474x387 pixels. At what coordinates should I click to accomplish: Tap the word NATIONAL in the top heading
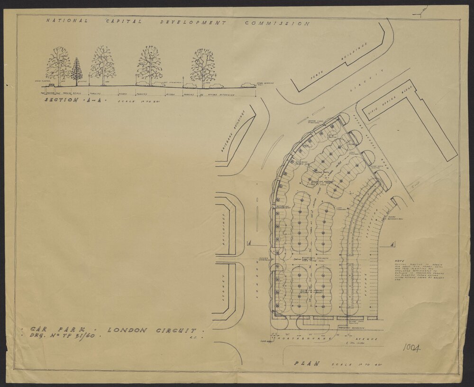[66, 20]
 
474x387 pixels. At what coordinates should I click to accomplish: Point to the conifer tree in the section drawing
[77, 72]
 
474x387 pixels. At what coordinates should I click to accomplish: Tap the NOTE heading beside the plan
[399, 261]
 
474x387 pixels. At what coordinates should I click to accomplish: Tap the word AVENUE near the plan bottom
[367, 340]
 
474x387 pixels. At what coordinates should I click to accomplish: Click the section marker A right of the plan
[393, 244]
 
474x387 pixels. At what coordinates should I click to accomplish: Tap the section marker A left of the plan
[248, 243]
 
